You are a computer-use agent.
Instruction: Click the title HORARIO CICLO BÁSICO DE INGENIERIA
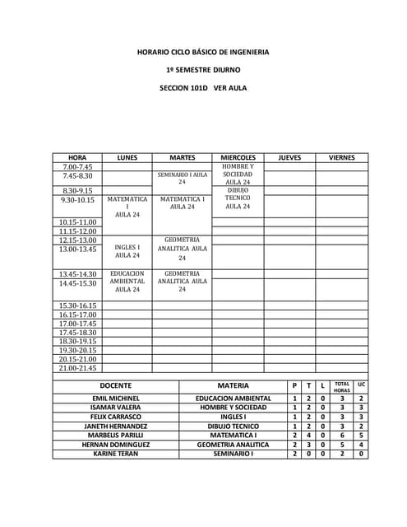pos(203,52)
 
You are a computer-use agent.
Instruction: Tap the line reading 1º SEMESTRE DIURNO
pos(203,70)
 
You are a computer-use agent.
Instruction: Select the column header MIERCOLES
pos(238,157)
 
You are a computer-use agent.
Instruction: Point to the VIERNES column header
pos(341,157)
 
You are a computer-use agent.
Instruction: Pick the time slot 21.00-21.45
pos(79,368)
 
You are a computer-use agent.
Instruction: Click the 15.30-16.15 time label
pos(79,305)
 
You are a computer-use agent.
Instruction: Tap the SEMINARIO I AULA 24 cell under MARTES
pos(182,178)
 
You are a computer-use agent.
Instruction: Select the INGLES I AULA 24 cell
pos(127,251)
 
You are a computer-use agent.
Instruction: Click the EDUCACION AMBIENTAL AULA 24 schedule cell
pos(127,282)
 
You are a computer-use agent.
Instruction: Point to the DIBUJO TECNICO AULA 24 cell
pos(238,198)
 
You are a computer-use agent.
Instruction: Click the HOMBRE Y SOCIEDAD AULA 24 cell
pos(238,175)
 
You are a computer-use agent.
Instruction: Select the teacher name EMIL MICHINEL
pos(116,399)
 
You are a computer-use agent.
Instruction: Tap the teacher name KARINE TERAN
pos(116,454)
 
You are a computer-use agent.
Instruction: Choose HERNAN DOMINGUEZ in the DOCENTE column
pos(116,445)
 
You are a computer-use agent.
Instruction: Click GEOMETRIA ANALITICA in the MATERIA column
pos(234,445)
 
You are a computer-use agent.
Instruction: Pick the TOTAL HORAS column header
pos(342,386)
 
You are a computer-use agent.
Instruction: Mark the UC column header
pos(361,385)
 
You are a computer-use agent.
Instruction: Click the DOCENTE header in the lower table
pos(116,385)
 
